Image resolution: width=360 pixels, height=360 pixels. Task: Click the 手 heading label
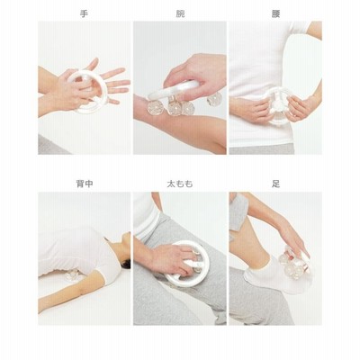tap(85, 14)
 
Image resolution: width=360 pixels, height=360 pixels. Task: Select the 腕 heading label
tap(180, 14)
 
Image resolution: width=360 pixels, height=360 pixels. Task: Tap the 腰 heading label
tap(275, 14)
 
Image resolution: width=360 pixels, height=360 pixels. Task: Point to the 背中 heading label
tap(85, 184)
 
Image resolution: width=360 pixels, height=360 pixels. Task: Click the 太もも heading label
tap(180, 184)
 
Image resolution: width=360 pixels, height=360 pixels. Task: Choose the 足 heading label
tap(275, 184)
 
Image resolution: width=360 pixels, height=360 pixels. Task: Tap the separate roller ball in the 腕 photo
tap(215, 99)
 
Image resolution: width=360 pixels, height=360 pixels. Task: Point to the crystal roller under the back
tap(73, 274)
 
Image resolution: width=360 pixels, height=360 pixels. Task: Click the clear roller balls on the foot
tap(292, 264)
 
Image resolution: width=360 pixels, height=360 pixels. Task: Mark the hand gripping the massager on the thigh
tap(173, 258)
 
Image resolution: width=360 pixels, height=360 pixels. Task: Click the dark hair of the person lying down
tap(126, 265)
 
